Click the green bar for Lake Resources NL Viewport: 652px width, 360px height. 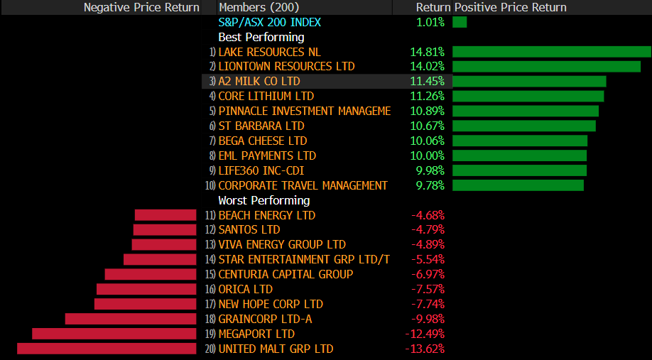[x=551, y=52]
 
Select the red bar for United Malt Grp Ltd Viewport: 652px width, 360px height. [x=107, y=349]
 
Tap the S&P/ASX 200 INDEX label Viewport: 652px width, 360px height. [x=269, y=22]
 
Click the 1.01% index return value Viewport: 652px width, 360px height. [x=430, y=22]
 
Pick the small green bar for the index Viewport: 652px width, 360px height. [x=460, y=22]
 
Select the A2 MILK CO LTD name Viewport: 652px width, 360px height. [x=259, y=81]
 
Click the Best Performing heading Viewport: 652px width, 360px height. [x=261, y=37]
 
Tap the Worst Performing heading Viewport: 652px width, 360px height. [x=263, y=200]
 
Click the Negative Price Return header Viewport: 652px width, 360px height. [x=141, y=7]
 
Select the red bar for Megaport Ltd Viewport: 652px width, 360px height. [x=114, y=334]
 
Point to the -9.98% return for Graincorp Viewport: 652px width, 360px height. [x=428, y=319]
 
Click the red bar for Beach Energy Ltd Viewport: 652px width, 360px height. [x=165, y=215]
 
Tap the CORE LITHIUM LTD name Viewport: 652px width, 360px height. [x=266, y=96]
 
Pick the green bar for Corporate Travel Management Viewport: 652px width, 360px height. [x=518, y=185]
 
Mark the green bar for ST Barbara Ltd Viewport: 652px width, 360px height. [x=523, y=126]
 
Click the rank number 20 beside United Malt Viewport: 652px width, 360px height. [x=210, y=349]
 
